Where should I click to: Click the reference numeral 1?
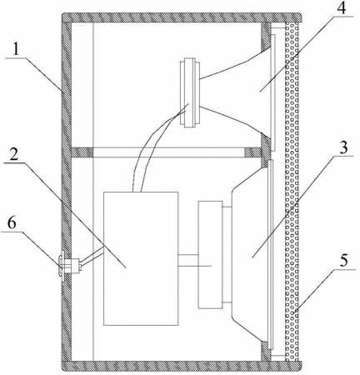pos(17,51)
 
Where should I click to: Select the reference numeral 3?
pos(343,148)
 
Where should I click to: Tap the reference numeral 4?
pos(342,9)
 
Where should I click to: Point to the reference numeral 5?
pos(344,261)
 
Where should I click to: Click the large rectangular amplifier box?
pos(141,258)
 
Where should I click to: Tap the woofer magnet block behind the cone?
pos(210,254)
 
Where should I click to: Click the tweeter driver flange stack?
pos(190,92)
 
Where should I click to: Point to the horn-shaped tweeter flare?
pos(236,92)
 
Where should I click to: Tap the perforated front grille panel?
pos(292,192)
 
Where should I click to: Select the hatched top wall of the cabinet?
pos(182,17)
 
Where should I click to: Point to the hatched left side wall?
pos(67,192)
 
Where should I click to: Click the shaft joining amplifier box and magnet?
pos(188,261)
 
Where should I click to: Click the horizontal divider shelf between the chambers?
pos(167,152)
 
